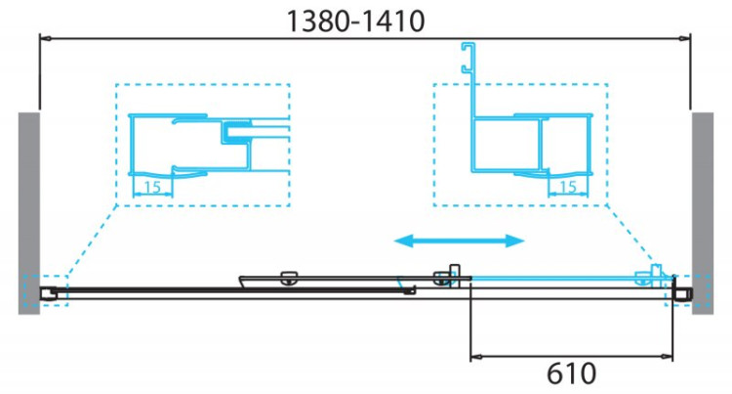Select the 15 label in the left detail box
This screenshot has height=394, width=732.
tap(152, 186)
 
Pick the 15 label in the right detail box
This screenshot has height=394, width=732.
tap(569, 186)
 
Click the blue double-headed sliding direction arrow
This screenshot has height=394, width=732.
tap(460, 241)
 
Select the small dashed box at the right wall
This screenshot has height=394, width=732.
tap(678, 291)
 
